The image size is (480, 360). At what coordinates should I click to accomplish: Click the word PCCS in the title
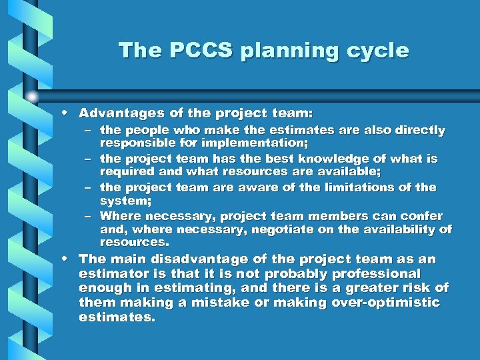click(190, 51)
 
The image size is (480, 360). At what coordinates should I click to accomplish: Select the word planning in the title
click(280, 51)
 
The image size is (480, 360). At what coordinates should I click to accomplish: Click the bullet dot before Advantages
click(69, 113)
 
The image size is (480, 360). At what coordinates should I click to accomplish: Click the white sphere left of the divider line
click(31, 96)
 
